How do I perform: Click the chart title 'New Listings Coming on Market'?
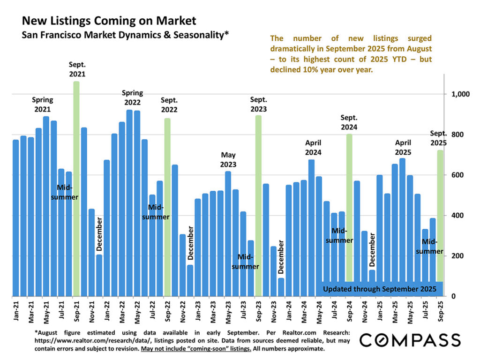pyautogui.click(x=109, y=21)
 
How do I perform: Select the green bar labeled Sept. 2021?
pyautogui.click(x=76, y=187)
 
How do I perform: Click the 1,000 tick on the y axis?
pyautogui.click(x=460, y=94)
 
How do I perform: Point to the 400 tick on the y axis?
pyautogui.click(x=457, y=216)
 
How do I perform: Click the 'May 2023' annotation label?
pyautogui.click(x=228, y=159)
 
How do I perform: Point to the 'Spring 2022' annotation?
pyautogui.click(x=132, y=97)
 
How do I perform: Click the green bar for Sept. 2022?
pyautogui.click(x=167, y=206)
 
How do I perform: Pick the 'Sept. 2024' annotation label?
pyautogui.click(x=349, y=122)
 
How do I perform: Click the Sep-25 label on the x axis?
pyautogui.click(x=440, y=311)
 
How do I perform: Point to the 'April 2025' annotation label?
pyautogui.click(x=403, y=147)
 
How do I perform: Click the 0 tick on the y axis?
pyautogui.click(x=453, y=296)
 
